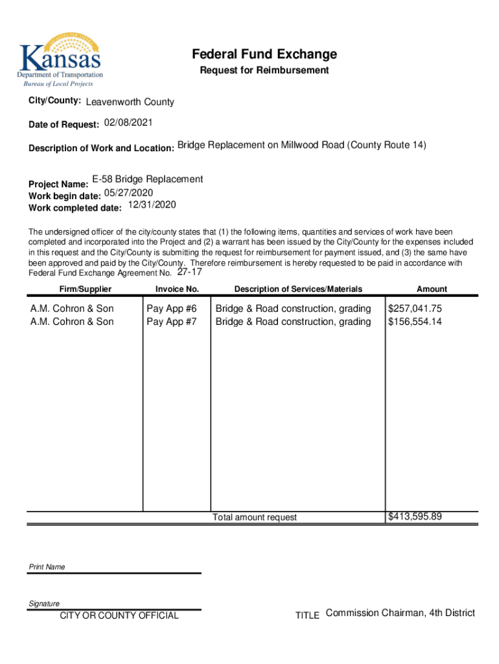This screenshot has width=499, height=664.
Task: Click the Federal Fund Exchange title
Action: click(x=264, y=54)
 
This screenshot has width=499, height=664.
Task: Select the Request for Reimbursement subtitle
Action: click(x=264, y=70)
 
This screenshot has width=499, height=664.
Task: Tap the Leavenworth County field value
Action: click(x=130, y=102)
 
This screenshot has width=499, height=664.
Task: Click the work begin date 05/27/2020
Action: click(x=128, y=193)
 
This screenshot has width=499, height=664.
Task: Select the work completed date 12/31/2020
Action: click(x=152, y=205)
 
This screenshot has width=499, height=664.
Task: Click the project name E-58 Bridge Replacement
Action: click(x=147, y=179)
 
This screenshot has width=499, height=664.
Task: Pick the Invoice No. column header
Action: click(x=177, y=289)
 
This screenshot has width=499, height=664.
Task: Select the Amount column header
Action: click(x=432, y=289)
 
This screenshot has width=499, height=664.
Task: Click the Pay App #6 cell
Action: click(x=171, y=309)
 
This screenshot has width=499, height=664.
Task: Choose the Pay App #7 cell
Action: click(x=171, y=322)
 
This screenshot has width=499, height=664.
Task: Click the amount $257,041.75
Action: click(x=415, y=309)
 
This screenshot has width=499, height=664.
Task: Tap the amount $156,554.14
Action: click(x=415, y=322)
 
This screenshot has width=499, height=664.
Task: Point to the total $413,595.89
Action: click(x=415, y=517)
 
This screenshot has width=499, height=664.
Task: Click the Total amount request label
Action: click(x=255, y=517)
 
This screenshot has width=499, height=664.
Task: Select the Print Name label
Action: click(x=47, y=567)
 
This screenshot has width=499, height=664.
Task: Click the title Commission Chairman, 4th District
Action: click(x=400, y=613)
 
